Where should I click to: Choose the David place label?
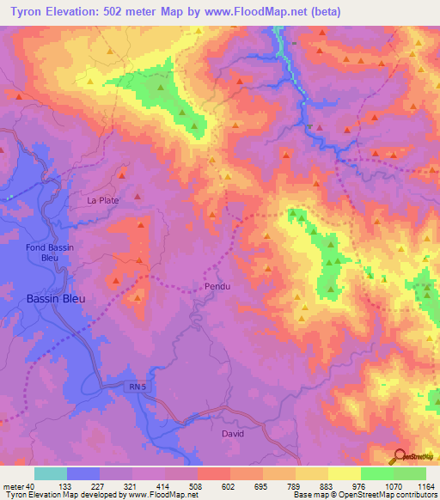pos(233,434)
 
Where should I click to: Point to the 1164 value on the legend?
pos(425,485)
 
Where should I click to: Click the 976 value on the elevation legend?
pos(360,485)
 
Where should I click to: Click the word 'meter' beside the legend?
pos(12,485)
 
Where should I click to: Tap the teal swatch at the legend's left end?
pos(51,473)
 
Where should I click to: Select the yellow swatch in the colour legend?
pos(344,473)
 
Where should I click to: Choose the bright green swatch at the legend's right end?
pos(410,473)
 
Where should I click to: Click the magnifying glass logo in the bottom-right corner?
pos(400,456)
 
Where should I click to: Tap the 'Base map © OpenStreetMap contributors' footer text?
pos(364,495)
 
